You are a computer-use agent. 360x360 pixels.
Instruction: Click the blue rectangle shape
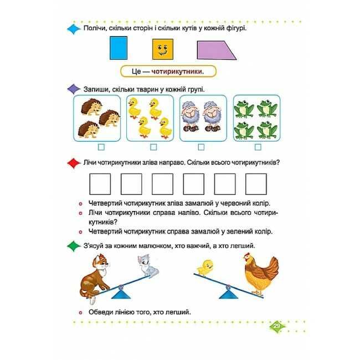119,48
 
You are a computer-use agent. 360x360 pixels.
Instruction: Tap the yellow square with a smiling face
163,49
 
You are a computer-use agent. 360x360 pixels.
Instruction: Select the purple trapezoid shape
217,50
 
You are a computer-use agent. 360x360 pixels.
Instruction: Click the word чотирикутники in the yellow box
177,71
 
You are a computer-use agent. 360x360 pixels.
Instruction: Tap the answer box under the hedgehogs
101,147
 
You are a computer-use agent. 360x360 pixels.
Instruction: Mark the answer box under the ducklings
153,147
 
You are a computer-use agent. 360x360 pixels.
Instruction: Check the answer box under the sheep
201,147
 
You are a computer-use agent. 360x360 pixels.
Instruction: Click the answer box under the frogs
258,147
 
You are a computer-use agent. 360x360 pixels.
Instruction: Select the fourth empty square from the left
193,184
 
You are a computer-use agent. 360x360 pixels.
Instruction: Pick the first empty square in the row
100,184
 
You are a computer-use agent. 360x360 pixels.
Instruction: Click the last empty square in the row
256,184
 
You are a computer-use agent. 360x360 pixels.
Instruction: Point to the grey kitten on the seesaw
148,266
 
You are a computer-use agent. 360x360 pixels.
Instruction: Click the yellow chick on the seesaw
205,268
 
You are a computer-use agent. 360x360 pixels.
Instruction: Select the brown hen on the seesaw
261,274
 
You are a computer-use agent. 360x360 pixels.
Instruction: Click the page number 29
277,326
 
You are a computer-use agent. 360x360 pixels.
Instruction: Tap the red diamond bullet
74,163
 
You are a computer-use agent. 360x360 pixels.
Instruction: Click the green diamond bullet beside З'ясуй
74,246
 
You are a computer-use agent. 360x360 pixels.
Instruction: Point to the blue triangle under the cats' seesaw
121,294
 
